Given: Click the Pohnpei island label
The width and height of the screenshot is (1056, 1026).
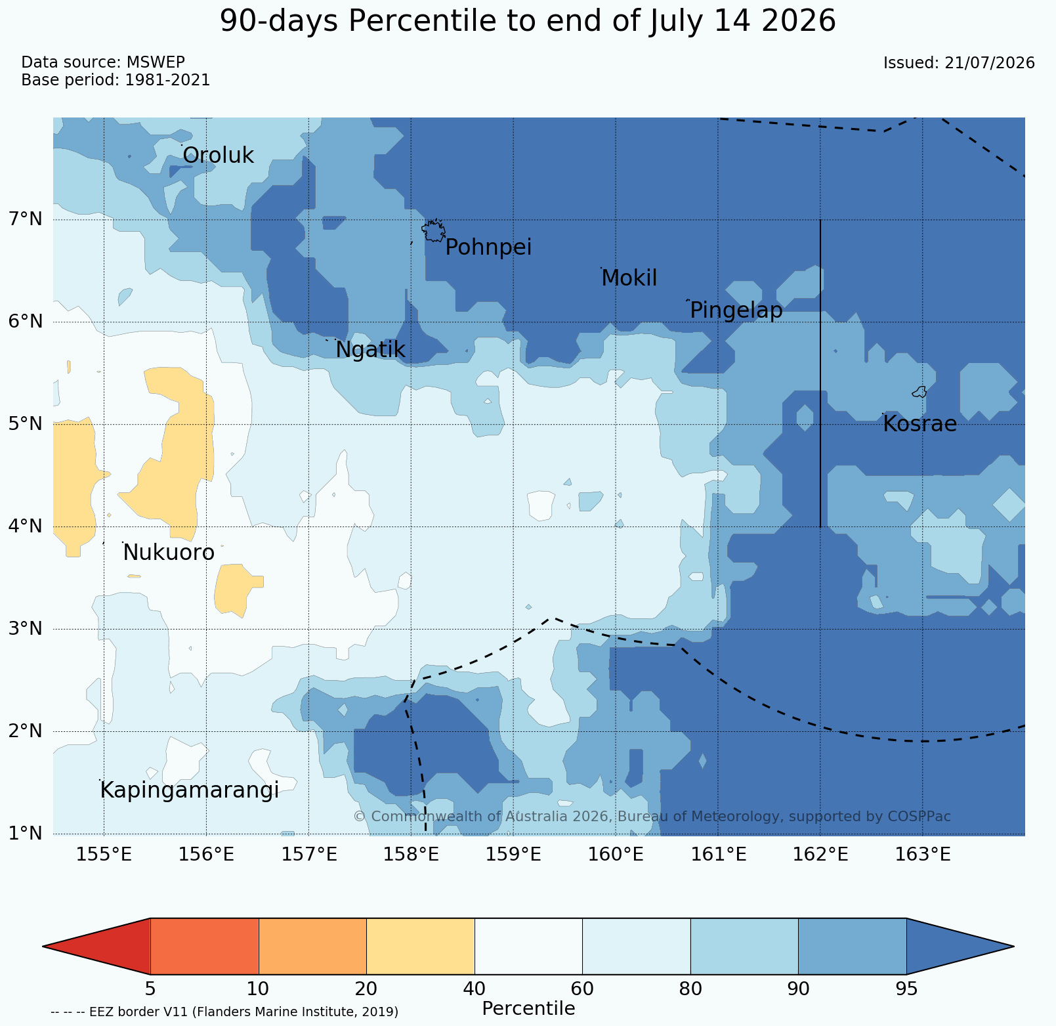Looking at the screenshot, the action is click(488, 248).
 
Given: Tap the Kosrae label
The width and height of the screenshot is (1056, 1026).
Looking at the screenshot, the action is click(919, 424).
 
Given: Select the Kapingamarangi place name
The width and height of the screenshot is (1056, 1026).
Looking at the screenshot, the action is click(190, 791).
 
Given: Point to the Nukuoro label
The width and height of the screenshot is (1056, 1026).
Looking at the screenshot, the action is click(169, 553).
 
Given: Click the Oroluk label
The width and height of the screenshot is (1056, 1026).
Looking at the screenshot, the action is click(218, 156).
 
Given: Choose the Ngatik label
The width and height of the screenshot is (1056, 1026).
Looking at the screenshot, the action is click(370, 351).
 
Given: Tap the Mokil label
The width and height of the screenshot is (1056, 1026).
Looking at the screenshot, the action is click(629, 278).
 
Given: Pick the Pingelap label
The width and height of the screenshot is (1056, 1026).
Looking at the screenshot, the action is click(736, 310).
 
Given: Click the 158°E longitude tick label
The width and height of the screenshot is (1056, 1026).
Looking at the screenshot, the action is click(410, 855).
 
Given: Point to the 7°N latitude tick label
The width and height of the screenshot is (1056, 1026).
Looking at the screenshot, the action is click(24, 219).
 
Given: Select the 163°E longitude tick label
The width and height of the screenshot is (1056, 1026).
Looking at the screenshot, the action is click(922, 855).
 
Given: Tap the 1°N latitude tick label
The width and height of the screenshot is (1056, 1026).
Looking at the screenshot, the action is click(24, 834).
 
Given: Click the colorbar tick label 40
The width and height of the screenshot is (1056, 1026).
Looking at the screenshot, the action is click(475, 989).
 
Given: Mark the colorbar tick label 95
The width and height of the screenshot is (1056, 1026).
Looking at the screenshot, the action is click(906, 989).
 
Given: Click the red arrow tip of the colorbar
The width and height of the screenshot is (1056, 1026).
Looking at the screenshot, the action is click(43, 947).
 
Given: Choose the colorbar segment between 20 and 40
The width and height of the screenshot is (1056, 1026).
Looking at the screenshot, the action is click(421, 947).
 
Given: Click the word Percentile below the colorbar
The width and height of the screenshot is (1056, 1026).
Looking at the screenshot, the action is click(528, 1009).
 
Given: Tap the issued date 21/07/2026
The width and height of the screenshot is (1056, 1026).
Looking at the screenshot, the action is click(990, 63).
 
